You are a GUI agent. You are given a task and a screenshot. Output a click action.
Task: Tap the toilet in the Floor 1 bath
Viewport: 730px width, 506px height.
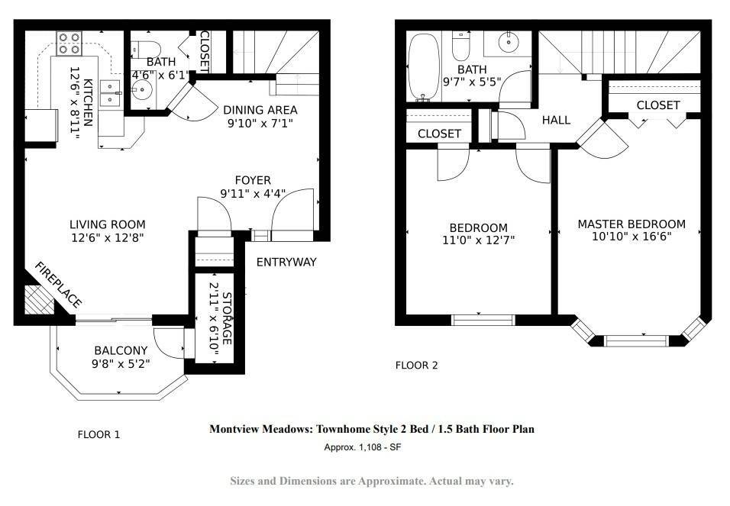(146, 49)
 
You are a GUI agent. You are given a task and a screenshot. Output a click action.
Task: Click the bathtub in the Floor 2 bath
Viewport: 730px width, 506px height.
(423, 66)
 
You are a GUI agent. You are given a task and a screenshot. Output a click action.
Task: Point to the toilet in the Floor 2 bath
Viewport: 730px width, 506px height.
(461, 46)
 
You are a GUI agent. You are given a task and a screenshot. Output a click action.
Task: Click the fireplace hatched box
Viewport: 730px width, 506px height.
(39, 299)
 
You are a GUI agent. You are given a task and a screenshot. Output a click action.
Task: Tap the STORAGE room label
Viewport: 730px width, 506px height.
(227, 318)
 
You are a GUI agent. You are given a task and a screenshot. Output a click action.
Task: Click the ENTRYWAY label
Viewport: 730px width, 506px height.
(286, 262)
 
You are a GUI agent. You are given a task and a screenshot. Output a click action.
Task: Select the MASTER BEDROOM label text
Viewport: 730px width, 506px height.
(631, 224)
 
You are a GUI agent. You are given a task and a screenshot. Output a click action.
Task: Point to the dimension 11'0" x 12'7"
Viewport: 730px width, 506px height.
(478, 240)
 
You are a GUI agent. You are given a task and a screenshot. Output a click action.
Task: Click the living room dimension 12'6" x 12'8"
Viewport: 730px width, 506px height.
(108, 238)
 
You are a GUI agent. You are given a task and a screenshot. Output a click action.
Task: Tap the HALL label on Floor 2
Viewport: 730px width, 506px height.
(556, 120)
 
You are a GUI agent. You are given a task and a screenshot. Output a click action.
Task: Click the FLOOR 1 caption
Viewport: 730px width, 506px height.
(99, 435)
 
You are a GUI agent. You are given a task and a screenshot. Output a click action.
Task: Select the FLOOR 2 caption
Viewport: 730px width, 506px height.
(417, 366)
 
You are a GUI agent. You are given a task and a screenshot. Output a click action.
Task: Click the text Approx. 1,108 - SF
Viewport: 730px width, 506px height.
(363, 447)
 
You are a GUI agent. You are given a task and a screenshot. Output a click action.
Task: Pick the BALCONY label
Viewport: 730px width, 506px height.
(121, 350)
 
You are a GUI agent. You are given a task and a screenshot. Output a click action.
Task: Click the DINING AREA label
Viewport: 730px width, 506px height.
(260, 110)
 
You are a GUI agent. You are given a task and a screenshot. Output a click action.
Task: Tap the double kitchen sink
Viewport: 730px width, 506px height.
(110, 93)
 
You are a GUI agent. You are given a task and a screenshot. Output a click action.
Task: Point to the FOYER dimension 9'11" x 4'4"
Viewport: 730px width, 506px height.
(253, 194)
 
